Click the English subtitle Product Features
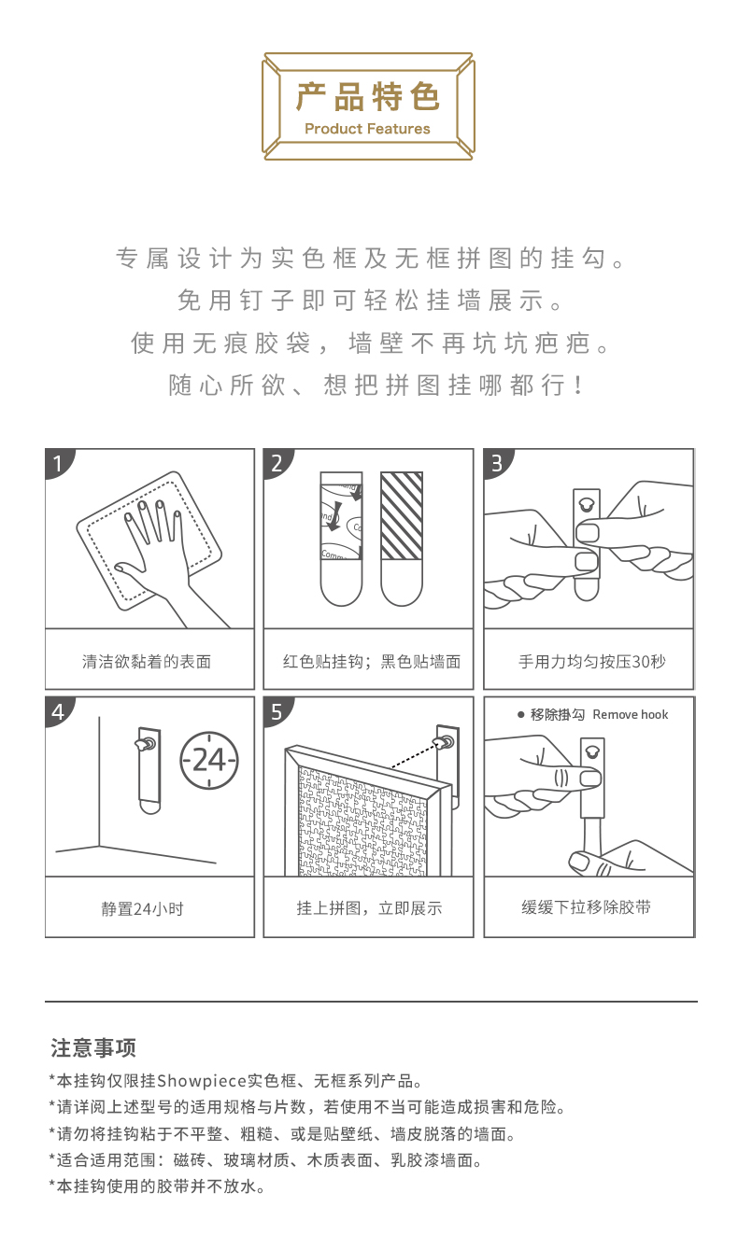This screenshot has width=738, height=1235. [367, 129]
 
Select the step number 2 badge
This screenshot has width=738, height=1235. [277, 463]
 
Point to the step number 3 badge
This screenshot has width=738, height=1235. [497, 463]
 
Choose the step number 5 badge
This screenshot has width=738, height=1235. [277, 711]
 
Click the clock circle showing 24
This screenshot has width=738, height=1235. [209, 760]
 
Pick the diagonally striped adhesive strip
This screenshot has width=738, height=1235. [402, 515]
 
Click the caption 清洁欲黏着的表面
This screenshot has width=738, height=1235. [147, 661]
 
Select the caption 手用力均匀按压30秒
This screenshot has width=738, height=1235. [592, 661]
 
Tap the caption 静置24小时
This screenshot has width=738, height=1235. [142, 908]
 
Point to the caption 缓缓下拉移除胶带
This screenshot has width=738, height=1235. [587, 907]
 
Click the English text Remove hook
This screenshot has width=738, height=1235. [631, 714]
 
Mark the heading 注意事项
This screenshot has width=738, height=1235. [93, 1047]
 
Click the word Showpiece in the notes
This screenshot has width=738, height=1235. [202, 1081]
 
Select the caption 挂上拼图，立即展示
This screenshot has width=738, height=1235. [369, 907]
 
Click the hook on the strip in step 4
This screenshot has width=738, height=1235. [146, 744]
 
